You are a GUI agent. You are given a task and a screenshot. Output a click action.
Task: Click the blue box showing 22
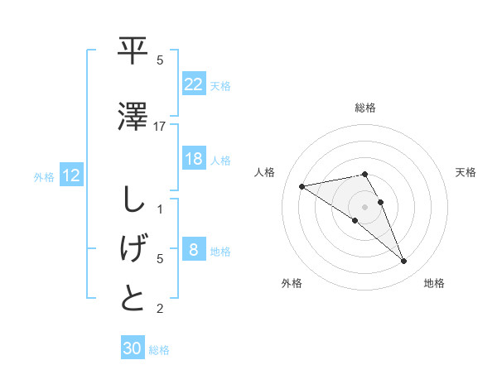(x=193, y=84)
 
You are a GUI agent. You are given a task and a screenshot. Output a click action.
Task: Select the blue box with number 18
(x=193, y=160)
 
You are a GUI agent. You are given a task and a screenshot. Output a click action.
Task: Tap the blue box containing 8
(x=193, y=251)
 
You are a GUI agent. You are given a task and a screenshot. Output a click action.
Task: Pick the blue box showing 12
(x=71, y=175)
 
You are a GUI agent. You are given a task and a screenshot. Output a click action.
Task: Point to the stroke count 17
(x=160, y=126)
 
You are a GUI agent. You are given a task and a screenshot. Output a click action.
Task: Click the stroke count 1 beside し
(x=160, y=209)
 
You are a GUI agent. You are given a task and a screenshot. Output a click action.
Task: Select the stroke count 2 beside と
(x=160, y=310)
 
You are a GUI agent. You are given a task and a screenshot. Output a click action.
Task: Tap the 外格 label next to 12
(x=43, y=176)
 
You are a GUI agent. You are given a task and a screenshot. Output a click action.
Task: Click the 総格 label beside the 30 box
(x=159, y=350)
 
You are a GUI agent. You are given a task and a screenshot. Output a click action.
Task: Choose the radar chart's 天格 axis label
(x=466, y=172)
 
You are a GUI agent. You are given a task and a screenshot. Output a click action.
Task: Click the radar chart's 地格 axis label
(x=434, y=283)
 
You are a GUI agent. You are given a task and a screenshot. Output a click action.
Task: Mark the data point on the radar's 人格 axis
(x=302, y=185)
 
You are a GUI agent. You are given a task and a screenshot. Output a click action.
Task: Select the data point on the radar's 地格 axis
(x=404, y=262)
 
